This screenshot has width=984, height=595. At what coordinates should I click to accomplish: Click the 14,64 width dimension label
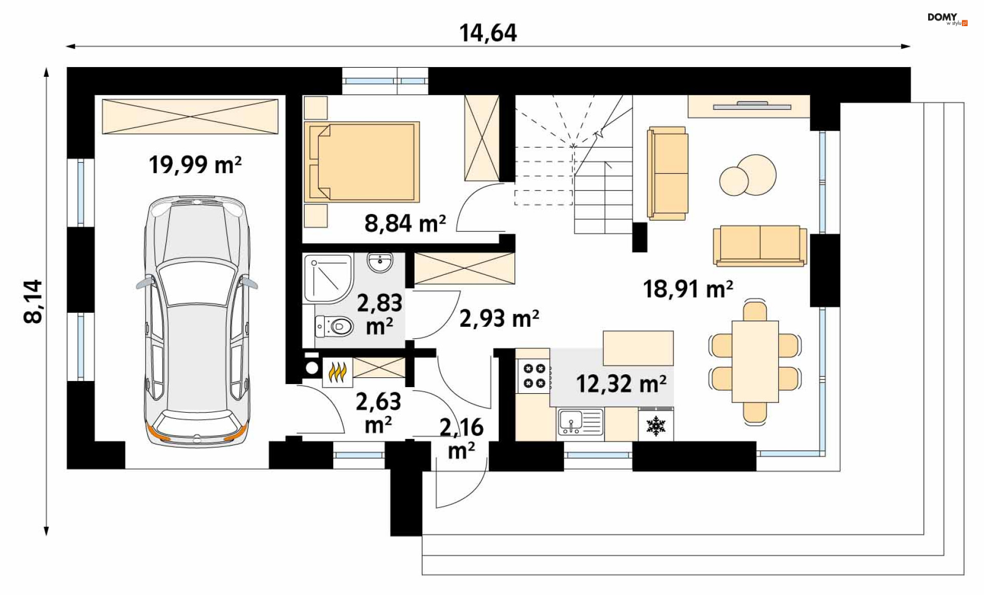(488, 33)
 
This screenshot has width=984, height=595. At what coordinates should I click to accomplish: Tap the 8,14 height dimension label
(33, 302)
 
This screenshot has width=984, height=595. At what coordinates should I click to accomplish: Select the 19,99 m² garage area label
(195, 165)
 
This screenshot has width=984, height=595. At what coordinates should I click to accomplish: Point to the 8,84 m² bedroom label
(405, 223)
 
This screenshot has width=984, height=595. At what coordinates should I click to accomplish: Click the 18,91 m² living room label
(688, 289)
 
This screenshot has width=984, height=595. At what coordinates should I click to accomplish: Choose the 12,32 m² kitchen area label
(621, 384)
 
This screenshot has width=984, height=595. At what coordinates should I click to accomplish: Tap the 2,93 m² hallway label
(499, 318)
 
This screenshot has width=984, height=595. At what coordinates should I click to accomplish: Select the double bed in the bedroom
(362, 162)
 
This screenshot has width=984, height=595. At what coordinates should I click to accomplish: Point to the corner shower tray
(329, 279)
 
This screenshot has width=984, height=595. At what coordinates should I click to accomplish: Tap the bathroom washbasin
(380, 263)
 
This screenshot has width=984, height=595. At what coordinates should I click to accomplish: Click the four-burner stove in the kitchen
(534, 376)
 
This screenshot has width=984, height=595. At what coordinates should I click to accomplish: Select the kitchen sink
(581, 422)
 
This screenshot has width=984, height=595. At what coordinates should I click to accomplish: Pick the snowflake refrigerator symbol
(655, 426)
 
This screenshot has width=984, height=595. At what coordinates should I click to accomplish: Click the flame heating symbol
(338, 372)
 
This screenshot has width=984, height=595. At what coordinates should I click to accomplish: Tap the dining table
(755, 362)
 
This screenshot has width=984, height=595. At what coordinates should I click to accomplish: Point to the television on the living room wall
(752, 107)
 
